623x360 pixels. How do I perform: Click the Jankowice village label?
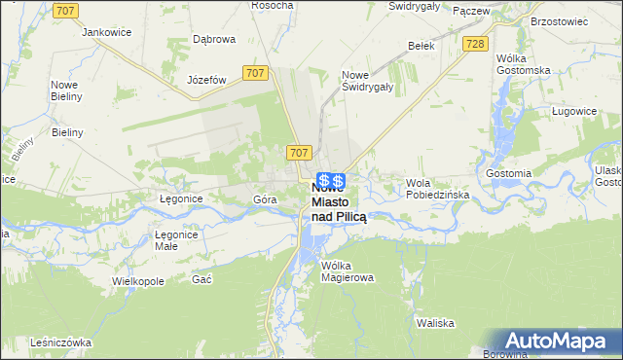click(x=107, y=32)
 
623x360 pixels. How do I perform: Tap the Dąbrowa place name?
click(x=214, y=39)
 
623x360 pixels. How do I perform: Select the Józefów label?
click(x=206, y=80)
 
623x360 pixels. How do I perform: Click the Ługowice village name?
click(x=572, y=112)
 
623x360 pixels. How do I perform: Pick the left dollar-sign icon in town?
click(x=324, y=181)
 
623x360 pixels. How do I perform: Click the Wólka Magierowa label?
click(x=348, y=270)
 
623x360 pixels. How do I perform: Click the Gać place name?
click(x=202, y=279)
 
